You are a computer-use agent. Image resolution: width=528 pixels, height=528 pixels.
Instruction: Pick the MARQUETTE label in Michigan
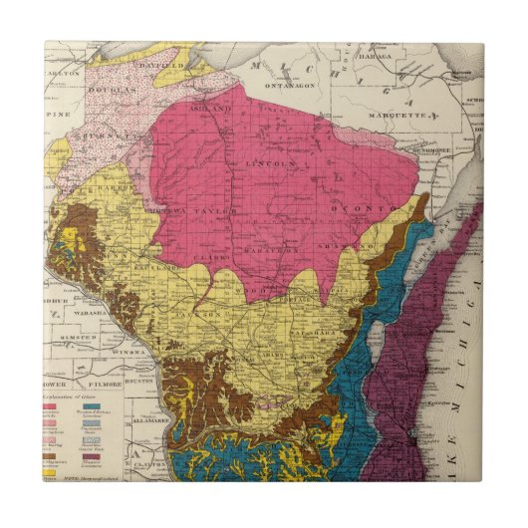(399, 117)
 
